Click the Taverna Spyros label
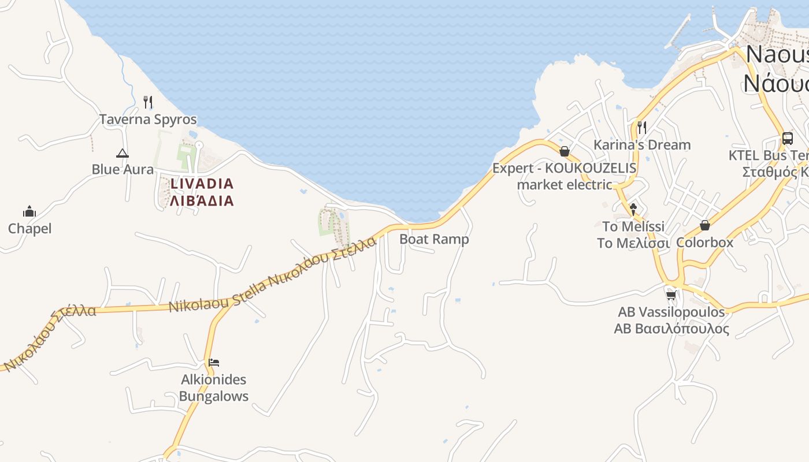point(148,120)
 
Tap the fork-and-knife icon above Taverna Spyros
point(148,102)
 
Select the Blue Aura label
point(123,169)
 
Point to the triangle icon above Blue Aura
point(122,153)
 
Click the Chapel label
point(29,229)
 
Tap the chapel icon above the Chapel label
point(29,211)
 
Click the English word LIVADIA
point(202,184)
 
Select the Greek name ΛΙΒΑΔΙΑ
point(202,201)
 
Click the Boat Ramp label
point(434,239)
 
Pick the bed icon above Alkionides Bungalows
point(214,363)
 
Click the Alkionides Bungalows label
point(213,388)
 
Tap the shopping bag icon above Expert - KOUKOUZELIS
point(565,151)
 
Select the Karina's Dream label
point(642,144)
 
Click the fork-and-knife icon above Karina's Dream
point(641,127)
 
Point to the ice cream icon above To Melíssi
point(633,209)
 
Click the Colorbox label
point(704,242)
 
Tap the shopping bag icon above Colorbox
point(704,225)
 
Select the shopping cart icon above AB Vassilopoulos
point(671,295)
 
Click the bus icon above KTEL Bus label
point(787,138)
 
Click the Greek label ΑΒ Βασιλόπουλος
point(671,329)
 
